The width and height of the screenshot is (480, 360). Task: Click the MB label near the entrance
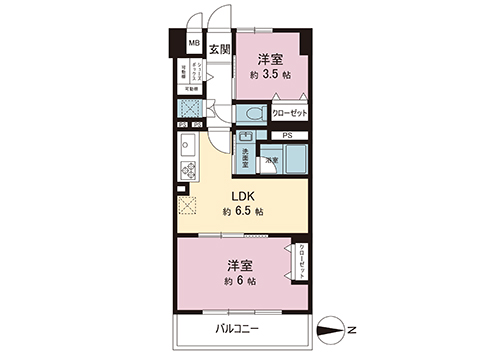[193, 44]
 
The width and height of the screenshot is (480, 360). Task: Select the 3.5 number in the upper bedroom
[275, 74]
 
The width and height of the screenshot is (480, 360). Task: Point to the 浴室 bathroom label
[271, 160]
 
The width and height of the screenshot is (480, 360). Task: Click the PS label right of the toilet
[287, 135]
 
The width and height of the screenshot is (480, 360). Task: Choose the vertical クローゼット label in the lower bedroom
[302, 260]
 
